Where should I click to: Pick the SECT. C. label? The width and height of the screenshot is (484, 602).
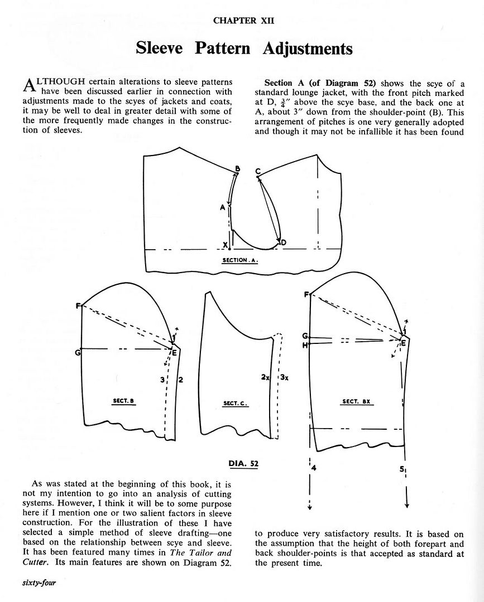coord(236,403)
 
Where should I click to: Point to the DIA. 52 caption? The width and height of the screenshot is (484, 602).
coord(243,463)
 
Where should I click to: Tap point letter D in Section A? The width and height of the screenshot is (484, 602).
coord(283,242)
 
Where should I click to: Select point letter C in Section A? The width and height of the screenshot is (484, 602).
coord(258,171)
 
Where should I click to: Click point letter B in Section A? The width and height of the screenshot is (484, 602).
coord(237,169)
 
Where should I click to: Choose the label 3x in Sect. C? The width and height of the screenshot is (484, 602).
coord(284,377)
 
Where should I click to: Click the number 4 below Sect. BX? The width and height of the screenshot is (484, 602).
coord(314,468)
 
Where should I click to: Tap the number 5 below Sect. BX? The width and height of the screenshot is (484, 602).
coord(401,469)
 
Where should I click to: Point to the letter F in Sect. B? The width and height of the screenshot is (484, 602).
coord(78,305)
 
